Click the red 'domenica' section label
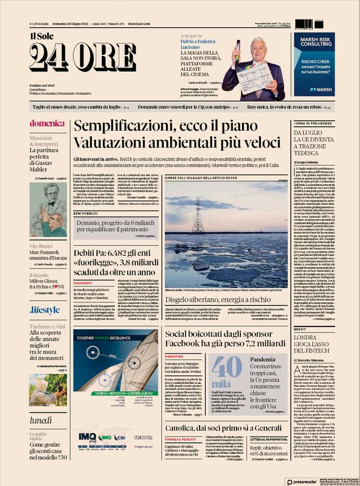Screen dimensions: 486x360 (x=47, y=123)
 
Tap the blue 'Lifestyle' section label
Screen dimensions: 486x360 (x=45, y=310)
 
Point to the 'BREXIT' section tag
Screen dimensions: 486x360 (x=300, y=329)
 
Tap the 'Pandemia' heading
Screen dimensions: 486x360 (x=264, y=360)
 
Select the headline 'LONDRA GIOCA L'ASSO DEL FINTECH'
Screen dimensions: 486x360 (x=313, y=347)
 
